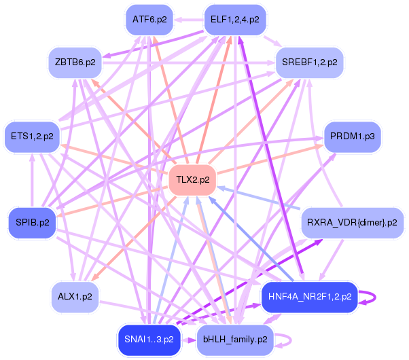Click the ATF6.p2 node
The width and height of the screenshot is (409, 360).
(149, 20)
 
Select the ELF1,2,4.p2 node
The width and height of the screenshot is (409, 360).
(235, 20)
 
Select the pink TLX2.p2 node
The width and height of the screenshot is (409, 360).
(192, 180)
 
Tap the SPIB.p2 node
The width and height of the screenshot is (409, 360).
(33, 223)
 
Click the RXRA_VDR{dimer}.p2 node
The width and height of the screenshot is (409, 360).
(352, 223)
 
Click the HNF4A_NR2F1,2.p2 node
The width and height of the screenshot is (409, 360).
(309, 297)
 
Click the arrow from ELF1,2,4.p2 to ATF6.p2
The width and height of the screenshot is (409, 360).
(189, 20)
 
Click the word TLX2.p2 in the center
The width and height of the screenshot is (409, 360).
(192, 180)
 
